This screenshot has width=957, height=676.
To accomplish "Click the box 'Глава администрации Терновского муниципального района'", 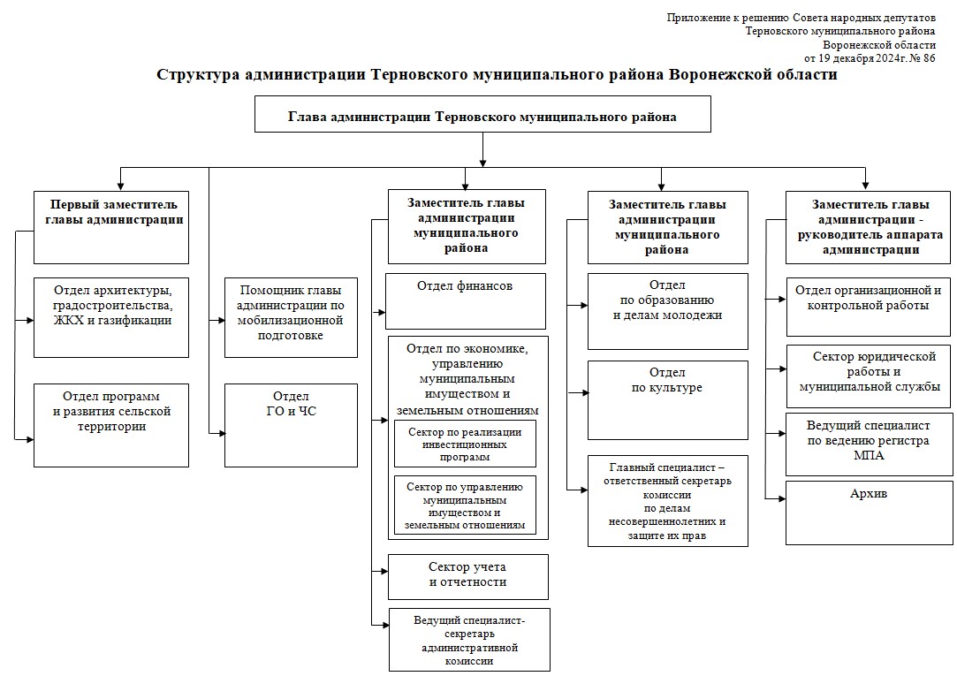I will [482, 115].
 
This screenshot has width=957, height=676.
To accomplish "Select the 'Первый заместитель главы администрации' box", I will [111, 227].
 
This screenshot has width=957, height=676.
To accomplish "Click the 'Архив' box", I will [870, 513].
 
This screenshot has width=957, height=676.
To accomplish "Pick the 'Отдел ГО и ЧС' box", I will [292, 424].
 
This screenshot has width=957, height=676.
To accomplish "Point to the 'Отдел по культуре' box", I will [667, 399].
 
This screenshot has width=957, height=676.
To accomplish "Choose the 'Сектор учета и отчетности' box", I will [467, 576].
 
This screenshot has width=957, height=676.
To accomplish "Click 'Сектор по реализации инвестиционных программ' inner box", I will [465, 444].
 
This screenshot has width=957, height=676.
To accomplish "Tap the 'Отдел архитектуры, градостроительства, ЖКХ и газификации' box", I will [111, 317].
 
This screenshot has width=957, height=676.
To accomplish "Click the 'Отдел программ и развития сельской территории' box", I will [111, 424].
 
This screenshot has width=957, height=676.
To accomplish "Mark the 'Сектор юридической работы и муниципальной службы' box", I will [870, 371].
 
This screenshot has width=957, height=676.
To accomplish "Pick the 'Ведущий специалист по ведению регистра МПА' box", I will [870, 440].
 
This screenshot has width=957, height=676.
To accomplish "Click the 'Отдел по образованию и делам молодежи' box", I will [667, 311].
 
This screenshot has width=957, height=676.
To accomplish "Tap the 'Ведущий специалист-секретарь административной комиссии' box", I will [468, 640].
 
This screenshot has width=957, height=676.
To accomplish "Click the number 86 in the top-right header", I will [928, 58].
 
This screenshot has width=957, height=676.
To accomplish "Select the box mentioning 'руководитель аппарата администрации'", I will [870, 227].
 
